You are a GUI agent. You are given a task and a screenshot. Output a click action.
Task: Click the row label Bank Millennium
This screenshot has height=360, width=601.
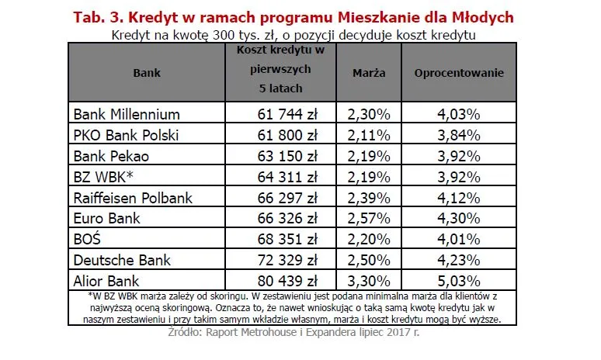[x=127, y=114]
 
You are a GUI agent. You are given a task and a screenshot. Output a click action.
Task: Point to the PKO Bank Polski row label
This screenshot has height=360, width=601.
[x=126, y=135]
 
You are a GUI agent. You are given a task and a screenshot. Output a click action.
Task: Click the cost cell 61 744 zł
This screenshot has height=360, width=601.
[x=287, y=114]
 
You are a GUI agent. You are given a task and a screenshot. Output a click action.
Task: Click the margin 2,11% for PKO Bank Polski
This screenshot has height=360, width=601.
[x=370, y=135]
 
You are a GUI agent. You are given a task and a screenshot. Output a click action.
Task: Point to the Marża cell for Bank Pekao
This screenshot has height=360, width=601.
[x=370, y=156]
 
